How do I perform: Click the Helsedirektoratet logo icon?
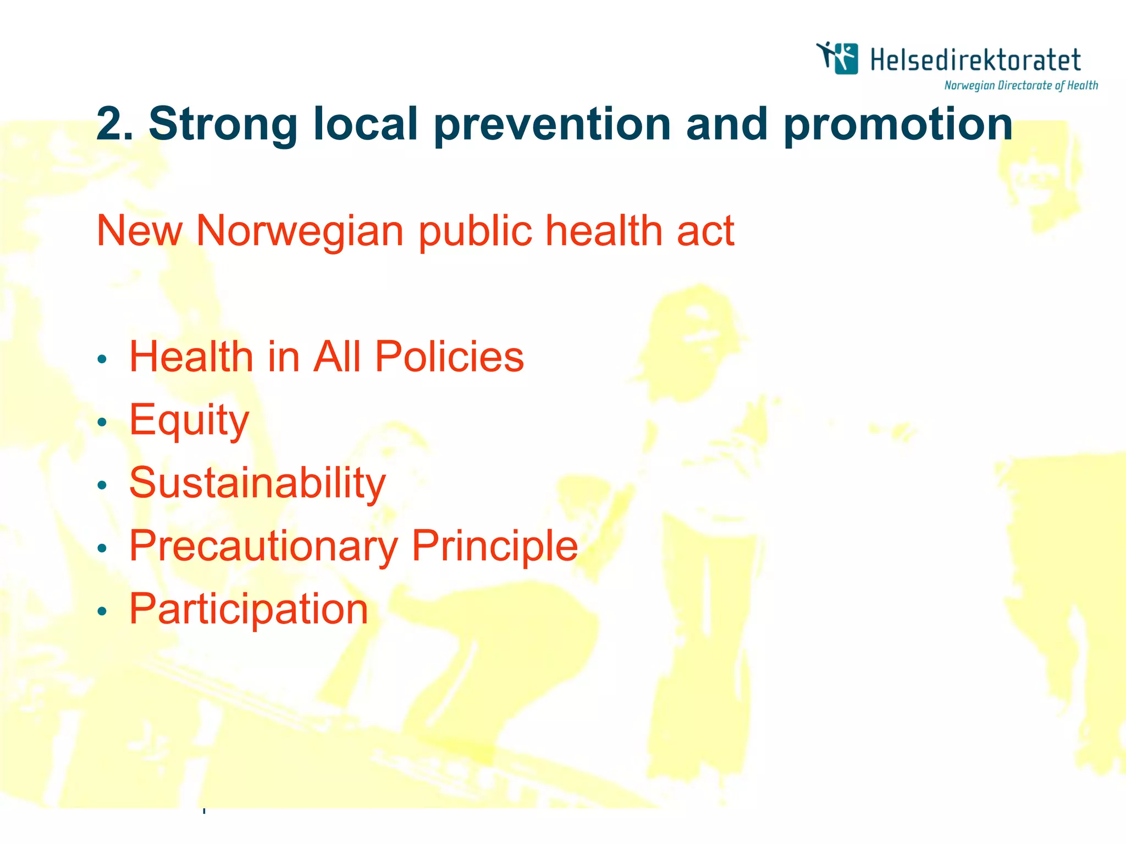click(x=837, y=58)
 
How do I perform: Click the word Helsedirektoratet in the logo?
click(x=975, y=60)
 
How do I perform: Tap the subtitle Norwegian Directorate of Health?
click(x=1021, y=85)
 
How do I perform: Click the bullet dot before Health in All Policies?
click(x=102, y=359)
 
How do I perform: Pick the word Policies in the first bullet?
click(x=449, y=357)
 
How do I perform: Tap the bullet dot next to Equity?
click(x=102, y=422)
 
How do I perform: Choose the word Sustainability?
click(x=257, y=483)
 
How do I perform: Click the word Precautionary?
click(x=263, y=547)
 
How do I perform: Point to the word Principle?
click(x=495, y=547)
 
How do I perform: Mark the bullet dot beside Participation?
click(x=102, y=611)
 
